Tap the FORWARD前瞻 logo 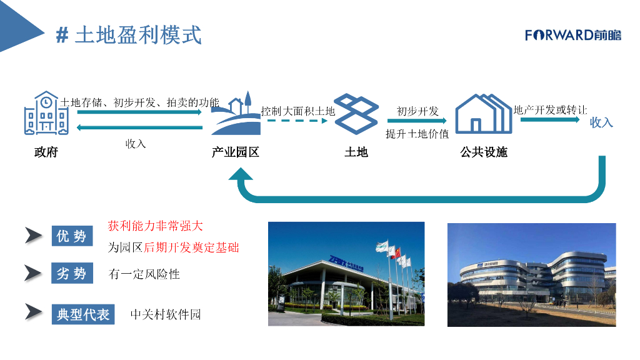[x=573, y=35]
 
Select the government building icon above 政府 [x=47, y=113]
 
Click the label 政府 [x=46, y=152]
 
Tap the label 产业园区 [x=236, y=152]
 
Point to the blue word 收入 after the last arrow [x=601, y=122]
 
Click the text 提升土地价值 [x=417, y=134]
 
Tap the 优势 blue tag [x=72, y=236]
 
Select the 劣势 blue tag [x=72, y=273]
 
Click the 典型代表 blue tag [x=83, y=314]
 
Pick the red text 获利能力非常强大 [x=155, y=226]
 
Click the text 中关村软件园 [x=166, y=314]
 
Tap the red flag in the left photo [x=394, y=252]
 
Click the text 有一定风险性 [x=144, y=274]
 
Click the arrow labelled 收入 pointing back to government [x=139, y=128]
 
